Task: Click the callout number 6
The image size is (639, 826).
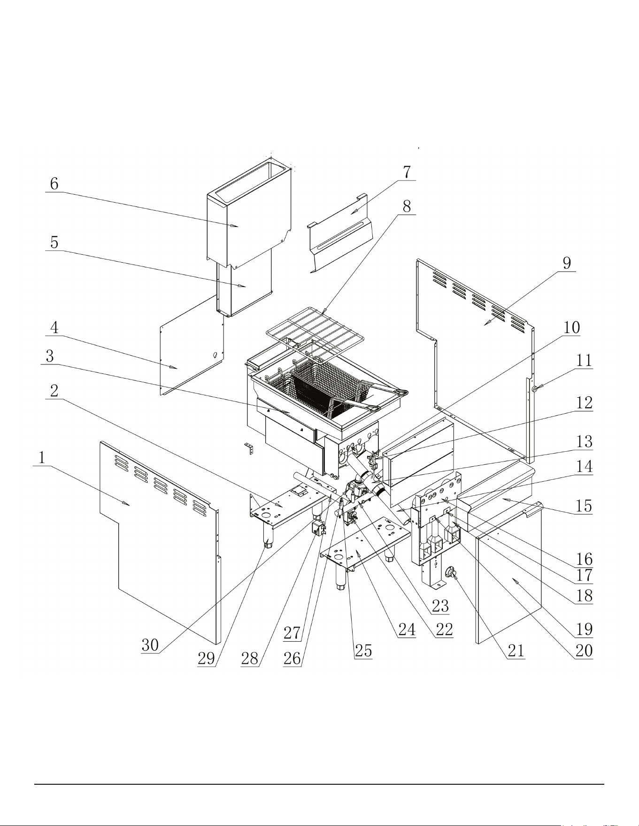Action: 54,184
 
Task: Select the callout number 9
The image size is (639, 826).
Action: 567,263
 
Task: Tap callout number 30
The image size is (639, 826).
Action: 150,645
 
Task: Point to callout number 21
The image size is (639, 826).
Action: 516,650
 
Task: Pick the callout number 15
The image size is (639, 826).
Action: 584,506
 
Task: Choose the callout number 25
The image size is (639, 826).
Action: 363,651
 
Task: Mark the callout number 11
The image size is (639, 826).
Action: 584,361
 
